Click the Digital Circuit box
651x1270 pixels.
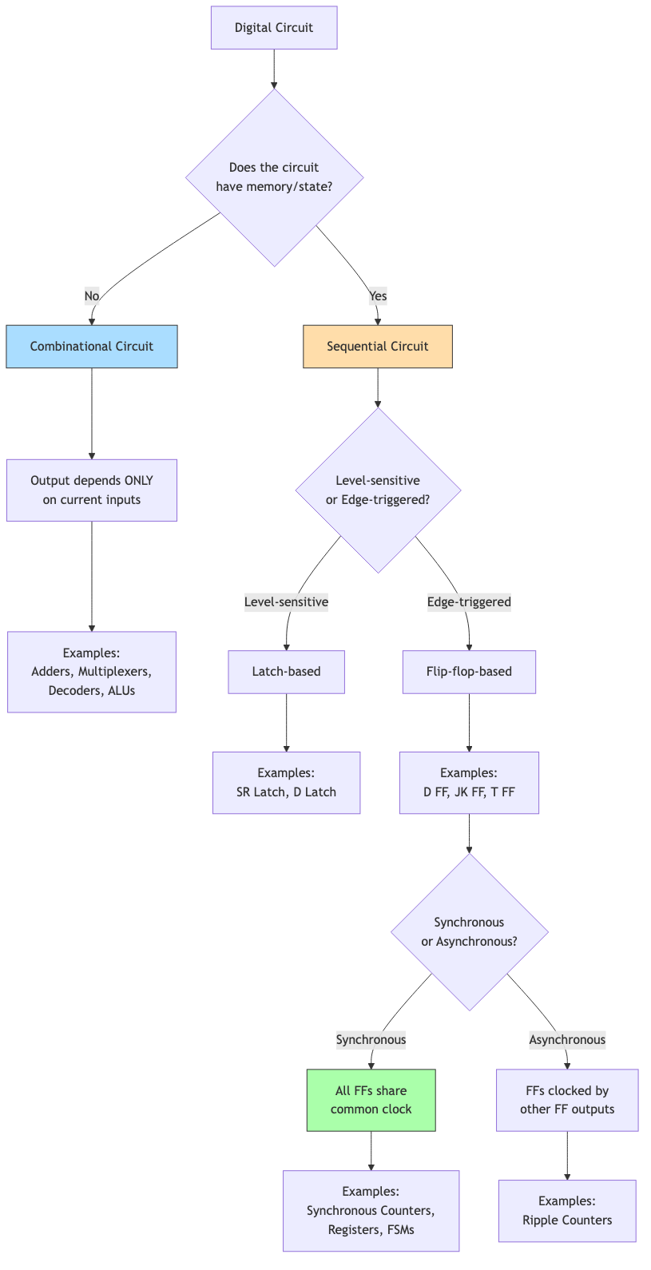click(274, 28)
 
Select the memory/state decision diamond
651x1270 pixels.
click(274, 177)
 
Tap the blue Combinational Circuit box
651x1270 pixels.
click(92, 347)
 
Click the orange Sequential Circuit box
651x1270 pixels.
click(378, 347)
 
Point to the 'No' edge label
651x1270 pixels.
click(92, 296)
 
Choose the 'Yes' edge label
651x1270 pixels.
click(378, 296)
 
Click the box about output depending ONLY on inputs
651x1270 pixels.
click(92, 490)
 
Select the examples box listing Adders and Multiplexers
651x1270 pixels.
click(92, 672)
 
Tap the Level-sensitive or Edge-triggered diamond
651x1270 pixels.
click(378, 490)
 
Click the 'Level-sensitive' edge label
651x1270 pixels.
click(286, 602)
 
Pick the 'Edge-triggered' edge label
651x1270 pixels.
click(469, 602)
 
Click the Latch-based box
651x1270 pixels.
click(286, 672)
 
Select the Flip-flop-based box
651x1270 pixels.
click(469, 672)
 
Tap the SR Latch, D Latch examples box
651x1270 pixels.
click(286, 783)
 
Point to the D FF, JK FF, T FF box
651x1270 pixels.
click(469, 783)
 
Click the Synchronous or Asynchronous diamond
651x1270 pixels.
click(469, 932)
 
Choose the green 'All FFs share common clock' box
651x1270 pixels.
click(371, 1100)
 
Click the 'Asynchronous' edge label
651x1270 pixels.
click(567, 1040)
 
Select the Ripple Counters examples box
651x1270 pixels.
click(567, 1211)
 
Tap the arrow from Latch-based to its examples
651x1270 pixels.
click(286, 723)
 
